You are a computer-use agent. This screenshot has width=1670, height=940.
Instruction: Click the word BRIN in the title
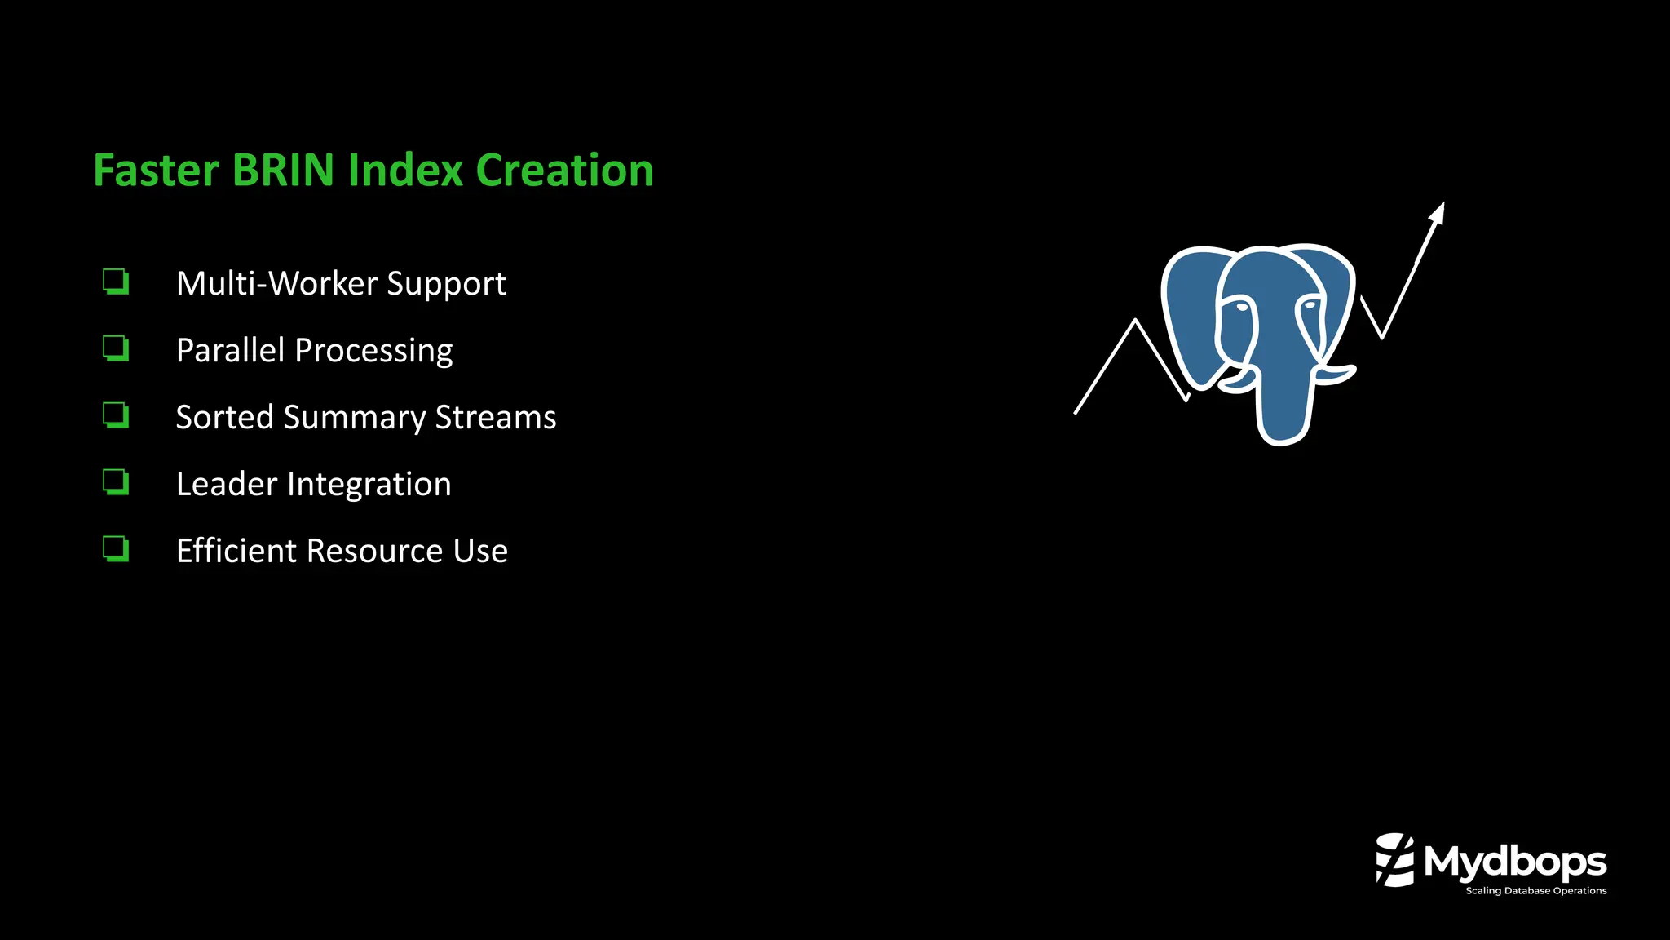click(x=283, y=170)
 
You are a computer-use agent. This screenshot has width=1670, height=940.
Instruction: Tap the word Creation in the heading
click(x=564, y=170)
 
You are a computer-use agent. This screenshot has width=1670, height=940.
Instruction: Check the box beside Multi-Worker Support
click(x=116, y=282)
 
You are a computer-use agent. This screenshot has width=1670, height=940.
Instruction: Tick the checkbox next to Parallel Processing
click(x=116, y=348)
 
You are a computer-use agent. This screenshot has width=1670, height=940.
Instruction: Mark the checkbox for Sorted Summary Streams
click(x=116, y=415)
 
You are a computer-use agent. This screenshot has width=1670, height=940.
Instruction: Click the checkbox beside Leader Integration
click(x=116, y=482)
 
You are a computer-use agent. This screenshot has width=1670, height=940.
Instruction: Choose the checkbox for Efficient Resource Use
click(x=116, y=549)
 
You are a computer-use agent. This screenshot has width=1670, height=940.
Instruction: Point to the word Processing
click(x=373, y=351)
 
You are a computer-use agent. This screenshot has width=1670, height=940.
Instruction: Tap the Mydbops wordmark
click(x=1515, y=862)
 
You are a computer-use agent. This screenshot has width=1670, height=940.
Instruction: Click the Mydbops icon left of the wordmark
click(x=1394, y=860)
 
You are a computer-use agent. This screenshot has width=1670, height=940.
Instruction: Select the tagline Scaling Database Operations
click(x=1535, y=891)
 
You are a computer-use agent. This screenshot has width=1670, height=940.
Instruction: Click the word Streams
click(x=496, y=418)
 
